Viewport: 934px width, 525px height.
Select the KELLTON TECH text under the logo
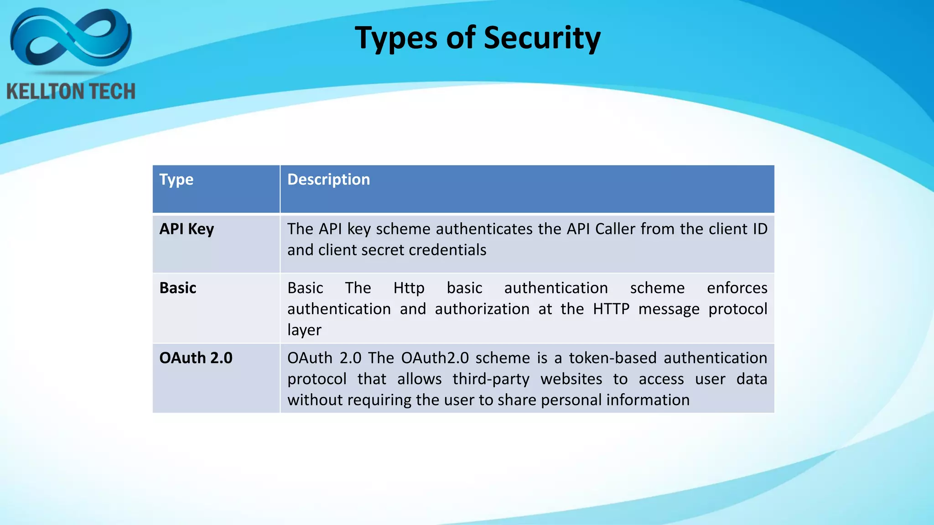click(71, 92)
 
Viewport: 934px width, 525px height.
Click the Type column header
click(176, 180)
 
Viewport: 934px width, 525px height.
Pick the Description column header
click(328, 180)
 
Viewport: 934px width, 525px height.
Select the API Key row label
click(187, 229)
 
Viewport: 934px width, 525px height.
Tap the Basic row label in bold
click(178, 288)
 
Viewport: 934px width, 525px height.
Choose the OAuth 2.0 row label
click(196, 358)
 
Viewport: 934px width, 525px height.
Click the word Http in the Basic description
click(409, 288)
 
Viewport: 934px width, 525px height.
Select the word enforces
click(737, 288)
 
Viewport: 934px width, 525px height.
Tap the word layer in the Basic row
click(304, 330)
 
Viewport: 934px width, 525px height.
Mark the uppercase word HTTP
click(611, 309)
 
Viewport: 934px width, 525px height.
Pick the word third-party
click(491, 379)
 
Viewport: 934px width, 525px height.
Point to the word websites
click(571, 379)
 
